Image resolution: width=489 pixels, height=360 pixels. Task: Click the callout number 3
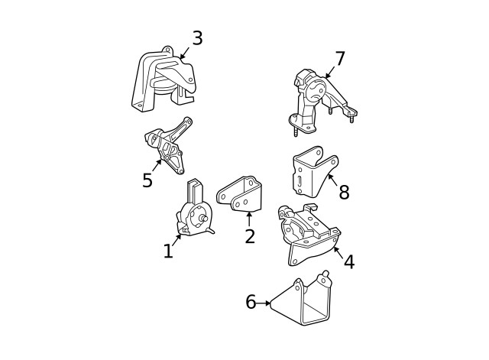click(197, 38)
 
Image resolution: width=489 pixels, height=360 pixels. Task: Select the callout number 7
click(340, 59)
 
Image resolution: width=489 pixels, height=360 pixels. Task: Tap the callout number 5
click(147, 180)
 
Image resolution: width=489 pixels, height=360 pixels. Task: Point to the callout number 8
click(344, 193)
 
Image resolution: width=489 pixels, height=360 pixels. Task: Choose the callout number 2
click(250, 236)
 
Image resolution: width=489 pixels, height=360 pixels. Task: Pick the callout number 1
click(168, 251)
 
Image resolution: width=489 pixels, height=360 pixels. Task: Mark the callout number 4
click(348, 262)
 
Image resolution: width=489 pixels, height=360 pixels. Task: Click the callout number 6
click(251, 303)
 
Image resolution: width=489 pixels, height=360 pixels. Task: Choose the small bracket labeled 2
click(241, 194)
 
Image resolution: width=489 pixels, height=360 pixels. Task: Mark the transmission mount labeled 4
click(306, 233)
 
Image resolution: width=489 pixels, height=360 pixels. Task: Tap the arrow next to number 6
click(264, 303)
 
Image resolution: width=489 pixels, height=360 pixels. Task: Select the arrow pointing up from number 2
click(249, 219)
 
